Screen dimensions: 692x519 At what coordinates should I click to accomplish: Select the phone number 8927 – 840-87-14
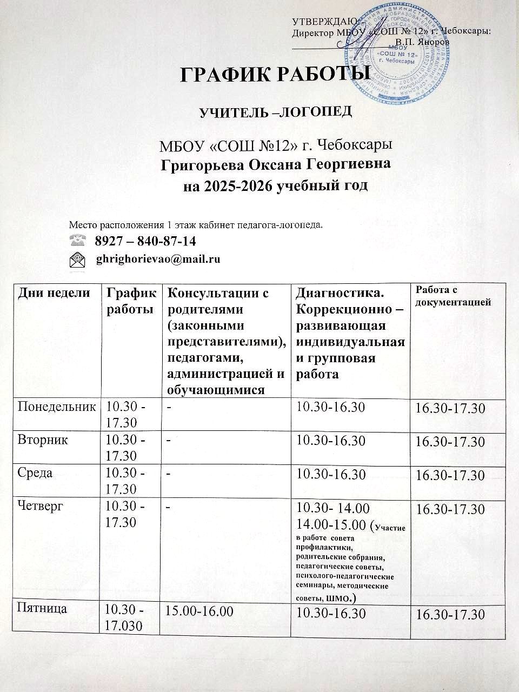(145, 240)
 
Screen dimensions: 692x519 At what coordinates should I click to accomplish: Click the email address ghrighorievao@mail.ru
(158, 259)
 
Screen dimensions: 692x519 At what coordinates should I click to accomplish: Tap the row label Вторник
(43, 440)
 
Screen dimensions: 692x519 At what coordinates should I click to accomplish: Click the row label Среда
(36, 473)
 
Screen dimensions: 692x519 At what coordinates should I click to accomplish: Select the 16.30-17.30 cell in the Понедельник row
(449, 409)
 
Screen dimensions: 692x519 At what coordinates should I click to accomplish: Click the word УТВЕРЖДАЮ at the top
(323, 22)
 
